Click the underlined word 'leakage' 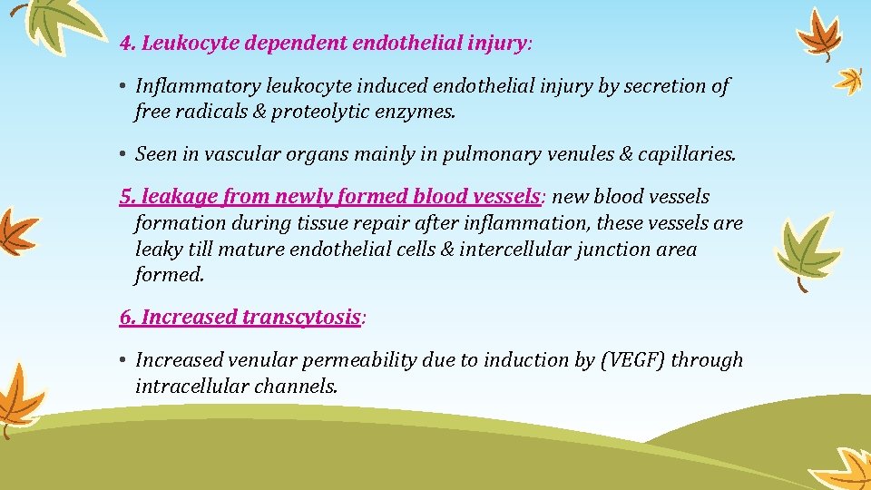point(167,197)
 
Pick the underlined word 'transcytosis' point(301,318)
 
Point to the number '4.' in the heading point(128,43)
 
